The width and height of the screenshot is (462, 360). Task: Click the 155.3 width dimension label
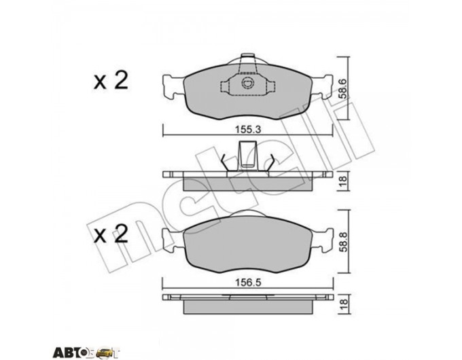click(248, 129)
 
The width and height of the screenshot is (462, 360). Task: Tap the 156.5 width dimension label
click(248, 283)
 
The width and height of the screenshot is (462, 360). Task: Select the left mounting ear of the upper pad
click(173, 88)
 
